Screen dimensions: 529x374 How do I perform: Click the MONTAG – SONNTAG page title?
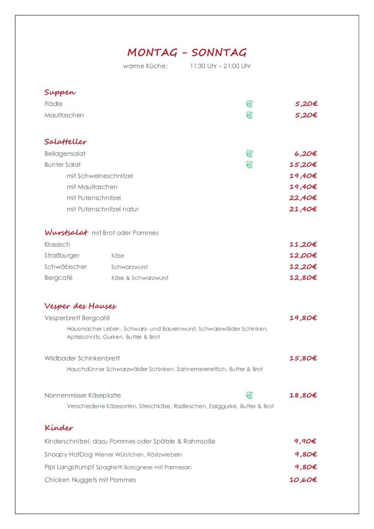186,52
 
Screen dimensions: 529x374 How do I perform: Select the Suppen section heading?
60,92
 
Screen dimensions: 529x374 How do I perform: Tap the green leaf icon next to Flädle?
250,104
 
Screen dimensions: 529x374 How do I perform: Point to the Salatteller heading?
66,142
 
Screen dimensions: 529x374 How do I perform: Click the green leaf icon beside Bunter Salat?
250,165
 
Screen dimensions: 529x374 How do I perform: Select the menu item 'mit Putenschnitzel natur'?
102,209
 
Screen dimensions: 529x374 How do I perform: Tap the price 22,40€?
303,198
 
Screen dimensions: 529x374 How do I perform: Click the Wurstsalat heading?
66,232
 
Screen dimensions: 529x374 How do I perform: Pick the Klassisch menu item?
57,244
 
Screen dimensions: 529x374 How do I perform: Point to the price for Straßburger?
303,256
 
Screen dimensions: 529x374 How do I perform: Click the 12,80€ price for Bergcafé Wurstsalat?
303,278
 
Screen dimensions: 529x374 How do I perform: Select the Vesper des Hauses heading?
81,306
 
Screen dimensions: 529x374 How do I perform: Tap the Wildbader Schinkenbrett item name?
82,358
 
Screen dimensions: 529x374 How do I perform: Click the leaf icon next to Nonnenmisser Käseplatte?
250,396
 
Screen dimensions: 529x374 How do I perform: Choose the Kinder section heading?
59,428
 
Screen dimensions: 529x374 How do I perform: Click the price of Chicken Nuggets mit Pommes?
303,480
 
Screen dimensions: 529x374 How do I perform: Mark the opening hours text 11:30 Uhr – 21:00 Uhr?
220,66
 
